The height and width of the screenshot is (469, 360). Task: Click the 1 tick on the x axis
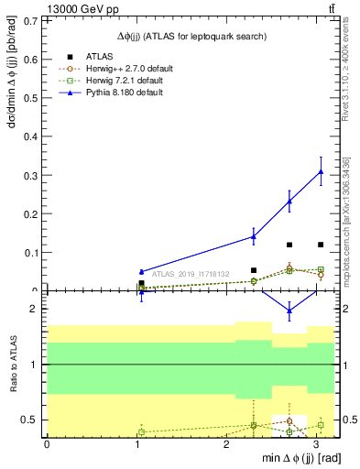coord(136,444)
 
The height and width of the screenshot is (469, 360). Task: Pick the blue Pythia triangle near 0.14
coord(254,236)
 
